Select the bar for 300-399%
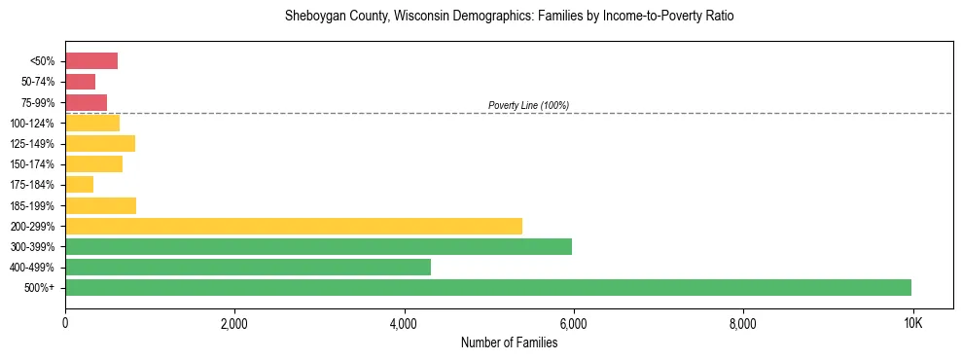(318, 246)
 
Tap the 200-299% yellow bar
(294, 226)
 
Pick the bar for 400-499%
(248, 267)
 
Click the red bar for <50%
(91, 61)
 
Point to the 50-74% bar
(80, 82)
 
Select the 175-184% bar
(79, 185)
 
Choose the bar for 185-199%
(100, 205)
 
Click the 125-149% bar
(100, 144)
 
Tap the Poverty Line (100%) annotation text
(528, 105)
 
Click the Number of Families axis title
(509, 342)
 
